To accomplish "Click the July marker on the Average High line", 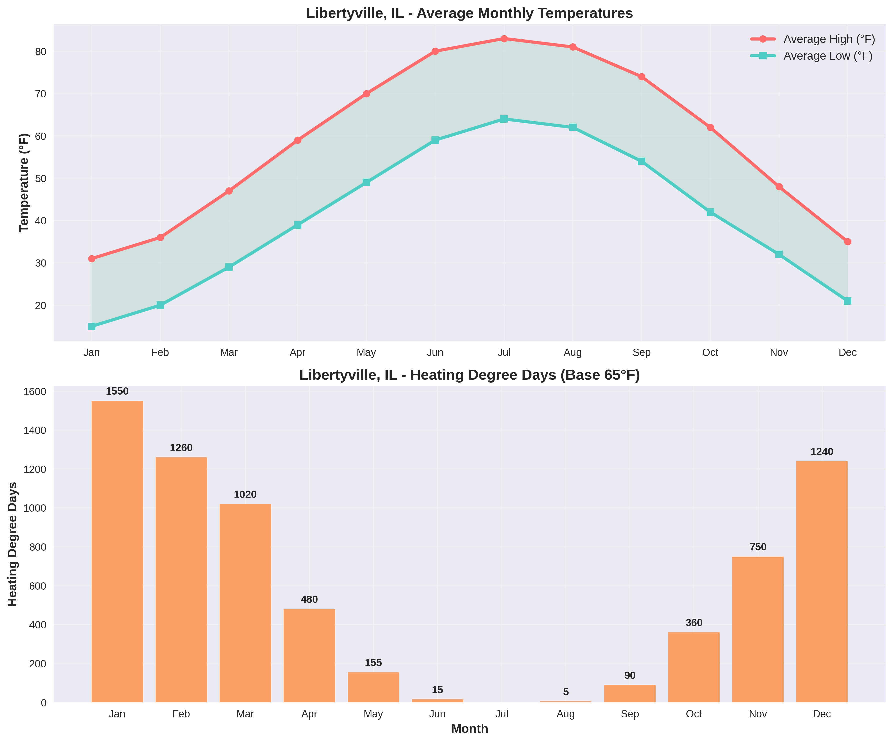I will point(504,39).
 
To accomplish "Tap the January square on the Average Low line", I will point(92,326).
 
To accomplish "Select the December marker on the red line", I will point(847,242).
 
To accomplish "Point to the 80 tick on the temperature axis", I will point(41,52).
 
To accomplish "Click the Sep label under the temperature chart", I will point(641,352).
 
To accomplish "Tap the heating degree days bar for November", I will point(758,629).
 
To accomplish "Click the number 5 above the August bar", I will point(566,692).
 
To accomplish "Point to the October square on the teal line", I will point(710,212).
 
